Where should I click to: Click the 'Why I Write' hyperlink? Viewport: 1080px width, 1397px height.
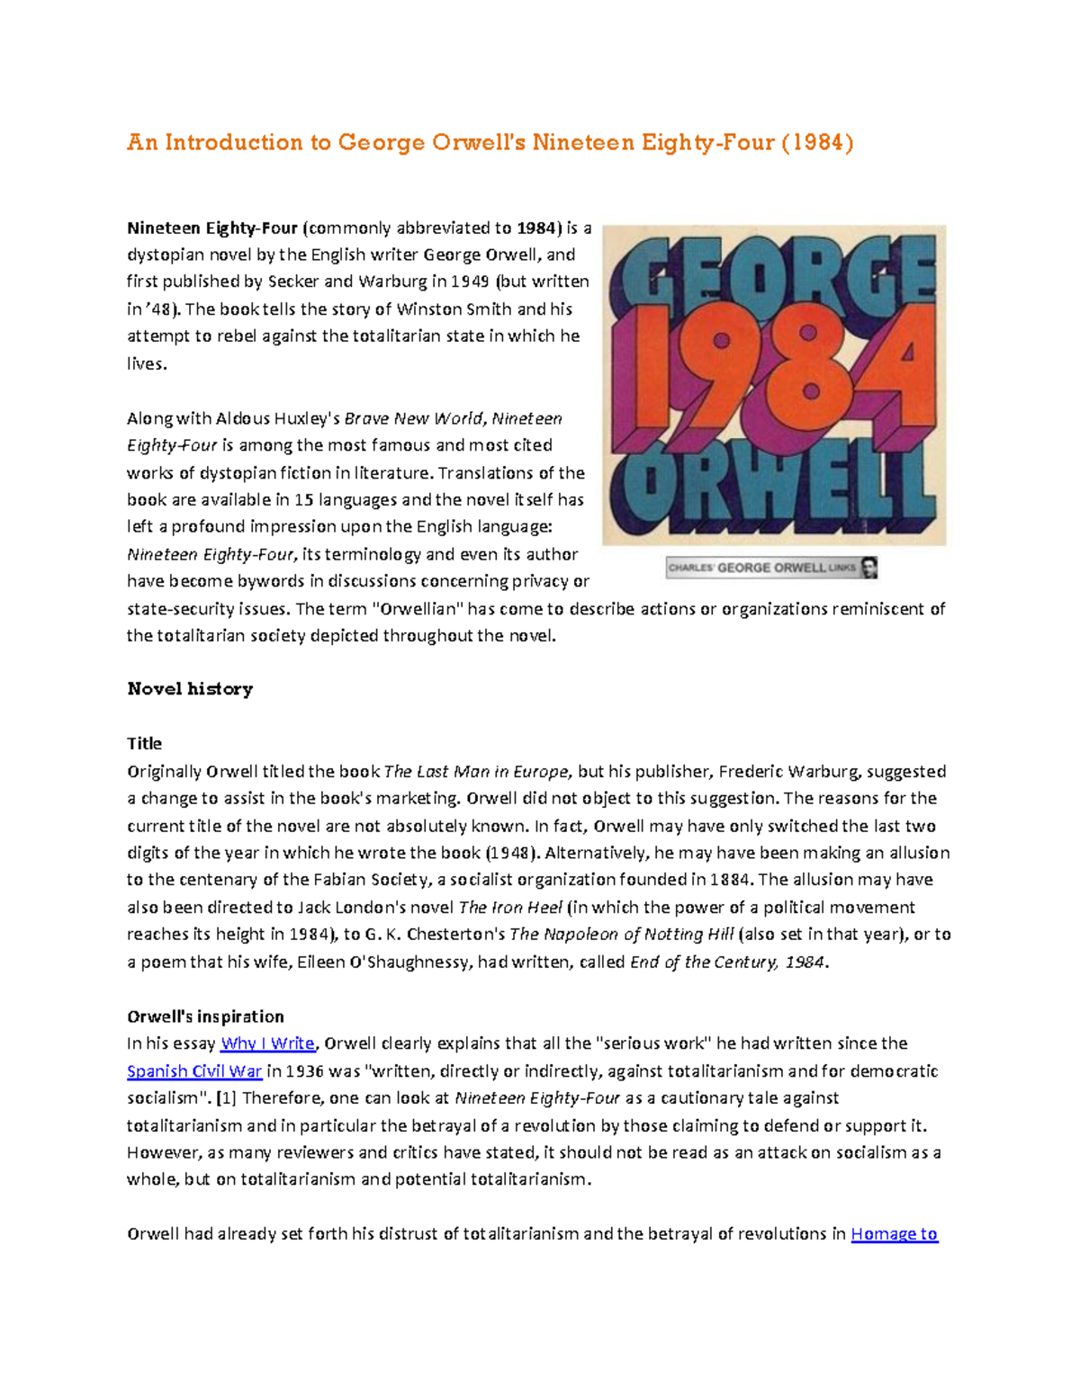point(267,1043)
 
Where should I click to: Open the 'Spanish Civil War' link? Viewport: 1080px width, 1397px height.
point(194,1070)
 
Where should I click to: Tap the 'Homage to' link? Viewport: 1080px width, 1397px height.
point(894,1233)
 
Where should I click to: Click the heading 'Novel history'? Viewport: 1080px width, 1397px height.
point(190,689)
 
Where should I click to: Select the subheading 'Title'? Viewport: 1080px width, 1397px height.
point(144,743)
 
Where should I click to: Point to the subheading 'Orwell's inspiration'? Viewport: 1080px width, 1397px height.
point(205,1016)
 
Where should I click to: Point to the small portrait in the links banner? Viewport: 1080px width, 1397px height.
point(868,568)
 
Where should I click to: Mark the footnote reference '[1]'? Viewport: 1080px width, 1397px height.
point(227,1097)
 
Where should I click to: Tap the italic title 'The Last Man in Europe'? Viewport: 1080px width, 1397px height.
point(476,771)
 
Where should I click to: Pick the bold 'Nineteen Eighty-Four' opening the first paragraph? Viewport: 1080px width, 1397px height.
point(212,228)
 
